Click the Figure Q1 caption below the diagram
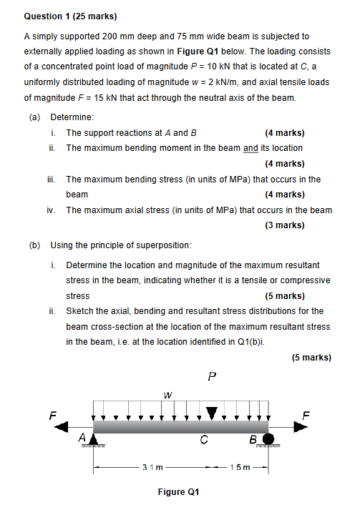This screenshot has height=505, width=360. [x=179, y=492]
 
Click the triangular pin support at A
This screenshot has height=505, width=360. [x=94, y=438]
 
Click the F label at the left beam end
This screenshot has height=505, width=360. [x=51, y=413]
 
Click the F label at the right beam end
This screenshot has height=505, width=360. [x=307, y=413]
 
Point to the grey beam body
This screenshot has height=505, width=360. [x=179, y=427]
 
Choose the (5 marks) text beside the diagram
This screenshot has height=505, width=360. [x=311, y=358]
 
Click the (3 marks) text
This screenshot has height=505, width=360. [x=284, y=225]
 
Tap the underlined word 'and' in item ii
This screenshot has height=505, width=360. [x=250, y=148]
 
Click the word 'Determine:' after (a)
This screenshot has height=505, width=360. [x=72, y=116]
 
